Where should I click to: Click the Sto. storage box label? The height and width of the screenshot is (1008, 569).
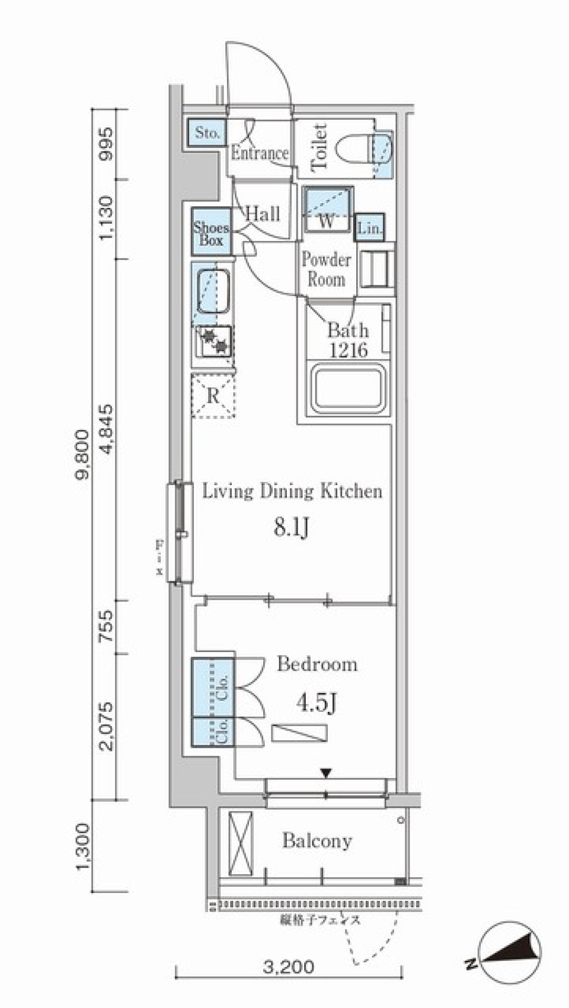pos(207,133)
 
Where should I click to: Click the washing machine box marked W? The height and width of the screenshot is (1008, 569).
pos(327,210)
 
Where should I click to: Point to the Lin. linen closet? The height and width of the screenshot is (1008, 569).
pos(370,228)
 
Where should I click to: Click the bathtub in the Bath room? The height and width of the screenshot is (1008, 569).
pos(349,389)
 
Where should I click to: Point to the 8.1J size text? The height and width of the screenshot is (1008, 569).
pos(291,527)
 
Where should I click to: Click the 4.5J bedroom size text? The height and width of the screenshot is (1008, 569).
pos(317,703)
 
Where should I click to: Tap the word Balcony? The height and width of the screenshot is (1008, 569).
pos(317,840)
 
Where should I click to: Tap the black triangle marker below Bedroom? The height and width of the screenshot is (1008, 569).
pos(326,772)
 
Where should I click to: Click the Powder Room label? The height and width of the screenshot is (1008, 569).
pos(326,269)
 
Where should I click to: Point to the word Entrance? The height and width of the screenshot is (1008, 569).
pos(260,153)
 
